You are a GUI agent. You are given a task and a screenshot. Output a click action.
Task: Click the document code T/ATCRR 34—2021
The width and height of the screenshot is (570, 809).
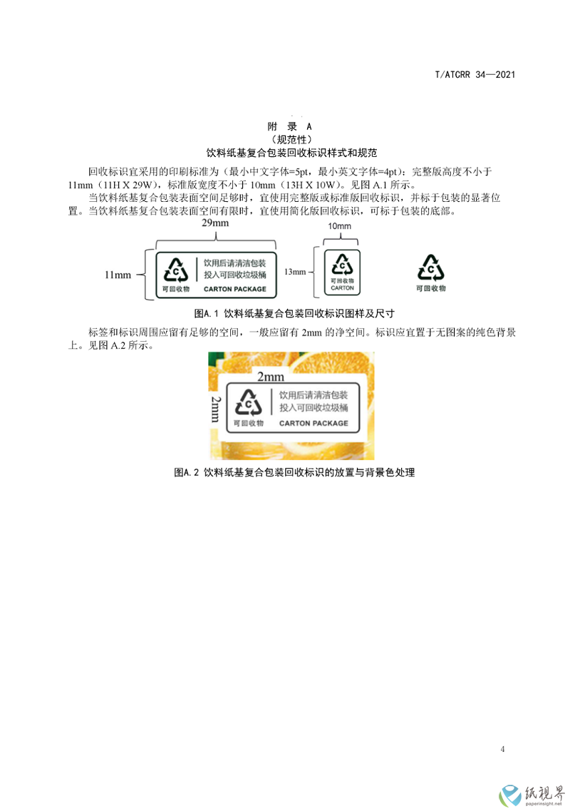(x=475, y=74)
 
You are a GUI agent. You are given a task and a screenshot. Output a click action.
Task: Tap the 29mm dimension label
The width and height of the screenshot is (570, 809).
(x=215, y=223)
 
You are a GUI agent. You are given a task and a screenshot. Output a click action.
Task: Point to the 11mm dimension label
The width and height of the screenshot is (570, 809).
(x=118, y=275)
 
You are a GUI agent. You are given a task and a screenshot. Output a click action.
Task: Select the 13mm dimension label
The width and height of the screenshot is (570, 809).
(x=295, y=272)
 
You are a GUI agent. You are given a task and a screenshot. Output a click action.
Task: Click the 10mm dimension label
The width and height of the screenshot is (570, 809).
(x=340, y=226)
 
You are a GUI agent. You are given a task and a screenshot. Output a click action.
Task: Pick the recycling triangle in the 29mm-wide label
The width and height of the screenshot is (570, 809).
(x=176, y=270)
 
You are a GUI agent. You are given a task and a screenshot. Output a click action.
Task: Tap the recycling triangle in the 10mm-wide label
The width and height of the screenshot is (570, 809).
(x=342, y=264)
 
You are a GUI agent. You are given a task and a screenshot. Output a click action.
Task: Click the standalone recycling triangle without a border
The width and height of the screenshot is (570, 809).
(x=430, y=268)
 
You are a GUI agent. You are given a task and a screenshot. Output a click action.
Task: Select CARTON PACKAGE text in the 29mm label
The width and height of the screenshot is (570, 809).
(x=235, y=289)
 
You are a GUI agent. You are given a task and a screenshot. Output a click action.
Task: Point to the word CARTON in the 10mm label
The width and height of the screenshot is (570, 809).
(x=342, y=288)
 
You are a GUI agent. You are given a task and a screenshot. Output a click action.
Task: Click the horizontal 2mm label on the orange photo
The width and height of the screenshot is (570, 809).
(x=271, y=377)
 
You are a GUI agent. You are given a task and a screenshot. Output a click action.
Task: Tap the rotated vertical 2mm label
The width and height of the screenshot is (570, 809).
(x=216, y=409)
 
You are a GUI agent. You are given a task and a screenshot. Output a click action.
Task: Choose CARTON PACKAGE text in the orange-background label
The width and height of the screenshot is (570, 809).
(x=313, y=423)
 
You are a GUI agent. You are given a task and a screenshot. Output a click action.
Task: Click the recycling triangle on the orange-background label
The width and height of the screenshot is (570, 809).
(x=249, y=402)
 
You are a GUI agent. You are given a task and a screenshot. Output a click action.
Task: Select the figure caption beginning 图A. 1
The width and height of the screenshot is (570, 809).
(x=294, y=313)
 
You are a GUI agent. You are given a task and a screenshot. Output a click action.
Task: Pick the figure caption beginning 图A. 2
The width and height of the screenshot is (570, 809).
(x=294, y=472)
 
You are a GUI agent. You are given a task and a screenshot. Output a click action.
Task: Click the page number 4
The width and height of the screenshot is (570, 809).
(x=502, y=749)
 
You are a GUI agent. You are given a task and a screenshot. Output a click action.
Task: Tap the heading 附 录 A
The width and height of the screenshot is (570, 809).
(x=290, y=126)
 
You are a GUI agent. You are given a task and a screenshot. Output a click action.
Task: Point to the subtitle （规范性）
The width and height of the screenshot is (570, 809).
(x=291, y=139)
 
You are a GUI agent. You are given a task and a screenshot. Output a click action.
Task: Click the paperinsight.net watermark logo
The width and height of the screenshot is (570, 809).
(x=532, y=795)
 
